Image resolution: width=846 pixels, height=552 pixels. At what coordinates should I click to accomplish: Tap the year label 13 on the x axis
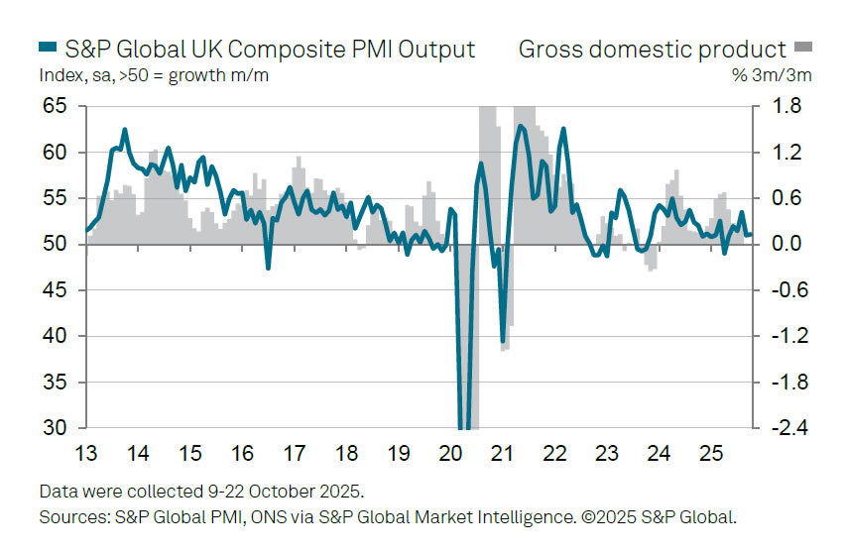pyautogui.click(x=86, y=454)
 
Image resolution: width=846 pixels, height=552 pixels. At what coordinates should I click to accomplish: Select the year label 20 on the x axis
pyautogui.click(x=450, y=454)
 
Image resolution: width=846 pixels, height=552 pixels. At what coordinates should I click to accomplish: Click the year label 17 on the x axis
pyautogui.click(x=295, y=454)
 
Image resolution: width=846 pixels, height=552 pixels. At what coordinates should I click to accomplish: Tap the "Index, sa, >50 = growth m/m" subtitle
pyautogui.click(x=154, y=75)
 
